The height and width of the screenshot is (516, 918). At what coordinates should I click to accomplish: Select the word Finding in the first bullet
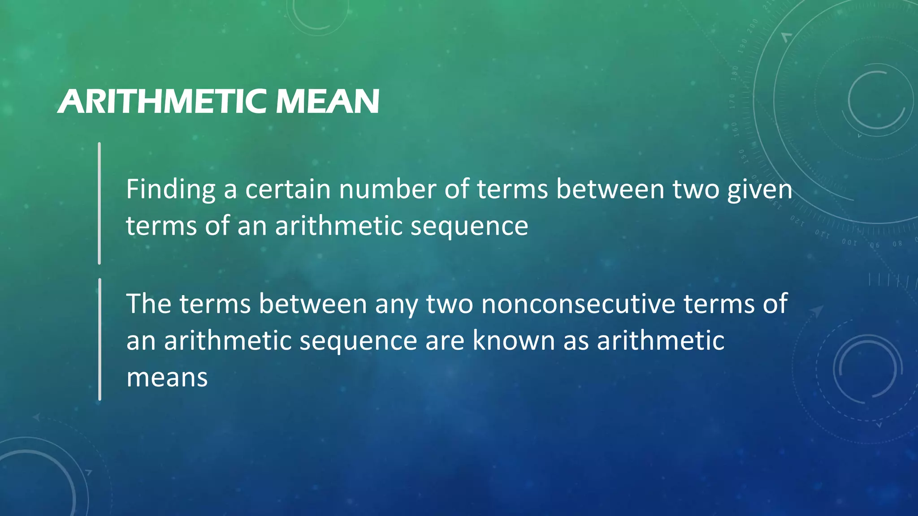click(x=171, y=190)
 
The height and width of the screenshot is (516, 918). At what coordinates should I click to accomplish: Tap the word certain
click(x=288, y=190)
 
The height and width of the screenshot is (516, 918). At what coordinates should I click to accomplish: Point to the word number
click(x=387, y=190)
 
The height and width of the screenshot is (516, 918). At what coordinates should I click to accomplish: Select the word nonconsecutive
click(x=578, y=304)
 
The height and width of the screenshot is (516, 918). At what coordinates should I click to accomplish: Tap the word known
click(x=514, y=341)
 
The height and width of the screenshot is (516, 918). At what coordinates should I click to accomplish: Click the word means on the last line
click(x=167, y=378)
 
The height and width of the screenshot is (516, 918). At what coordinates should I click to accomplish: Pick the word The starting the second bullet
click(x=149, y=304)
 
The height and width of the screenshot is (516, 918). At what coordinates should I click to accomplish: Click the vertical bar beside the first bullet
click(x=100, y=203)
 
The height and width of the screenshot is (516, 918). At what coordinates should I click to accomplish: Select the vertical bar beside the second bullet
click(x=100, y=339)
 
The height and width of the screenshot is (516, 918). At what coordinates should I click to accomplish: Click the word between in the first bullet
click(x=610, y=190)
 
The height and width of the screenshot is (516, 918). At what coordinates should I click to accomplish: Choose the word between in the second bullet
click(x=313, y=304)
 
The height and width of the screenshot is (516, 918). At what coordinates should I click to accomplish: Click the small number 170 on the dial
click(x=732, y=102)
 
